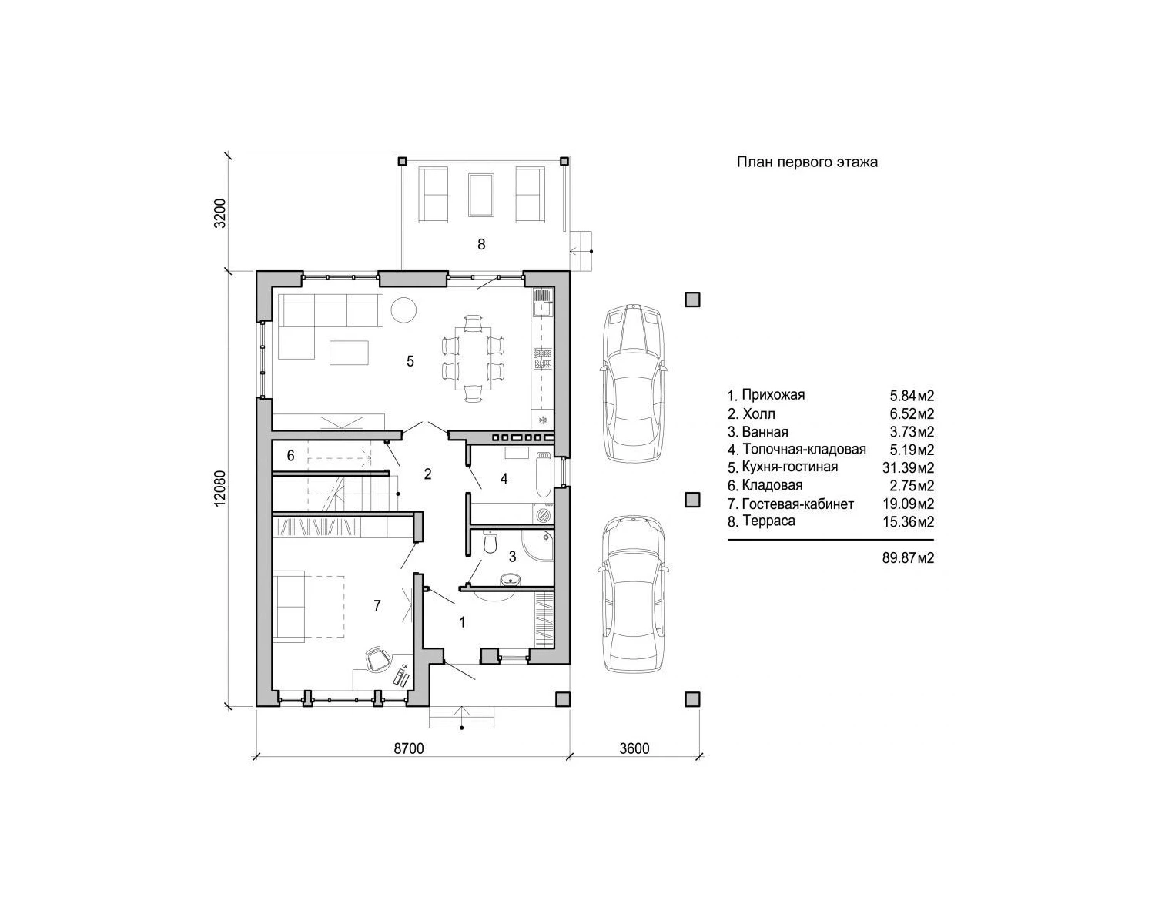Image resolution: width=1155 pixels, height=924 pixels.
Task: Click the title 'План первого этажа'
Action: pos(807,162)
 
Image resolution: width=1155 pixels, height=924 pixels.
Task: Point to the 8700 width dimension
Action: pos(408,748)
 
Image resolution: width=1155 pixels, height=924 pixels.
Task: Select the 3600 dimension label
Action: pos(634,748)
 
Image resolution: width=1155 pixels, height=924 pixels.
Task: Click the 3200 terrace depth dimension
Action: pos(220,213)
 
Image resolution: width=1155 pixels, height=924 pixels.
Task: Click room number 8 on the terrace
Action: pos(481,245)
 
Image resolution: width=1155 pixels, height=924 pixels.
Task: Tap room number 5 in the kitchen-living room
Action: pos(410,361)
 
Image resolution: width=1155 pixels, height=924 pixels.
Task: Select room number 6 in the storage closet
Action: pos(290,456)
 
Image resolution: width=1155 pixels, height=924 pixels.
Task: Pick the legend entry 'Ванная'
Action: pos(765,432)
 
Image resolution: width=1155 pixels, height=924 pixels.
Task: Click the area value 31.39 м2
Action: pos(908,467)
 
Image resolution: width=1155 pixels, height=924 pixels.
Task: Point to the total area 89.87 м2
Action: pos(908,557)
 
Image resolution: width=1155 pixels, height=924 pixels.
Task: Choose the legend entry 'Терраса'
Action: pos(768,521)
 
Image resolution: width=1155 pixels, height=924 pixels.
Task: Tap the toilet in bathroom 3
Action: pos(490,541)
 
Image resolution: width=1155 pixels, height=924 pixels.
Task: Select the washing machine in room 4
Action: pos(542,514)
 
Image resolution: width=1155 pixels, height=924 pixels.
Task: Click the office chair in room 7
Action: pos(378,659)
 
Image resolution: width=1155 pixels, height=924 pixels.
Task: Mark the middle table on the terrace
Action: pos(481,194)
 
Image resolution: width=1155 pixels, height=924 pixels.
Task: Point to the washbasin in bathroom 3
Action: pos(509,580)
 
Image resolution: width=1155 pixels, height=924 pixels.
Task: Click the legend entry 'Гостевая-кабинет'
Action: pos(798,504)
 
